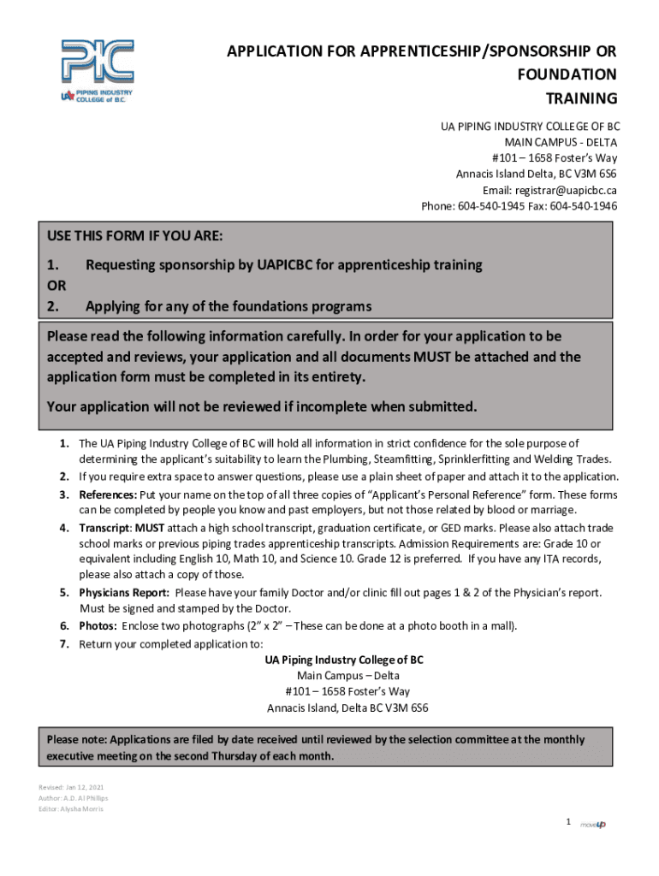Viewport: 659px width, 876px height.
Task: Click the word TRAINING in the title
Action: click(x=581, y=98)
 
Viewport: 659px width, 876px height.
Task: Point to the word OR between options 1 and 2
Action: click(x=56, y=285)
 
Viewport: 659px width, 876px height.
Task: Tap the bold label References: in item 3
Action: click(x=108, y=495)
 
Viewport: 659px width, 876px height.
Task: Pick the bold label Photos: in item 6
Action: click(x=98, y=625)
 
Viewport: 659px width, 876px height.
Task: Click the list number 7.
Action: click(x=64, y=644)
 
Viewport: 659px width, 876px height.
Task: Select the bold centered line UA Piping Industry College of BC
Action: click(x=344, y=660)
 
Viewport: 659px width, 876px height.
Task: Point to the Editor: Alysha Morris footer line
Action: click(x=70, y=808)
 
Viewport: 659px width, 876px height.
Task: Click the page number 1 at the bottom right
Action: click(x=567, y=822)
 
